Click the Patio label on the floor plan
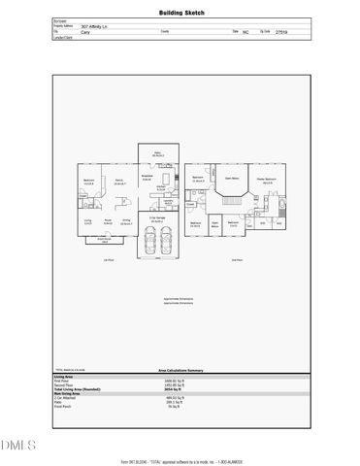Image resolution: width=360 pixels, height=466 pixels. [156, 153]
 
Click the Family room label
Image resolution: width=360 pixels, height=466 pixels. [120, 181]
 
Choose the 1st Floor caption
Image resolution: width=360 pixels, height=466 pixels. [110, 260]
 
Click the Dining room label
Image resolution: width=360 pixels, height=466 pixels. [125, 221]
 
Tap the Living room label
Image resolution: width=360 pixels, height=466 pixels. [87, 221]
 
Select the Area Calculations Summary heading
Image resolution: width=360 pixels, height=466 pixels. [180, 370]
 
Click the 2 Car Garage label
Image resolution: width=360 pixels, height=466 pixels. [156, 218]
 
